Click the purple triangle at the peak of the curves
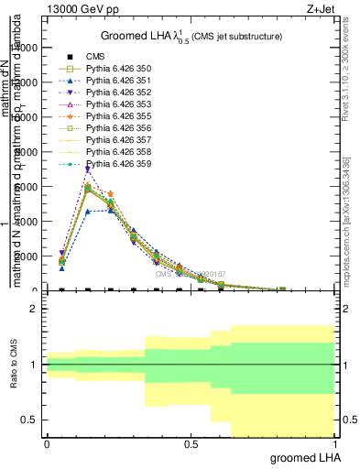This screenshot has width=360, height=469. (88, 169)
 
